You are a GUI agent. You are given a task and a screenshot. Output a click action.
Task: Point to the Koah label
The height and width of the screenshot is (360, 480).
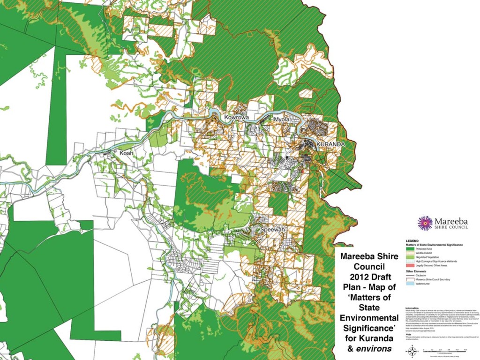point(126,153)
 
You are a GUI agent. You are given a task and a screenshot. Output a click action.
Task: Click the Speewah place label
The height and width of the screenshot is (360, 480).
point(273,230)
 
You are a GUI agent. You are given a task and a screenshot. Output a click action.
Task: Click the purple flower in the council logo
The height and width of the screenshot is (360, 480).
point(425,223)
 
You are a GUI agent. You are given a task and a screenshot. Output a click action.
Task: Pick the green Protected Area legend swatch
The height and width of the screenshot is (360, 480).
point(409,249)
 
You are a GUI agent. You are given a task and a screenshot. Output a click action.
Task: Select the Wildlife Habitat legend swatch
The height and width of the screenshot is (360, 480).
point(409,253)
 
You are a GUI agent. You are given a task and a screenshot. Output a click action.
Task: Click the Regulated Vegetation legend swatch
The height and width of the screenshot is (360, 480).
point(409,257)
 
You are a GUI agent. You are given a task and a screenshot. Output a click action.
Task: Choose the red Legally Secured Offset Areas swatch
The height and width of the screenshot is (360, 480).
point(409,265)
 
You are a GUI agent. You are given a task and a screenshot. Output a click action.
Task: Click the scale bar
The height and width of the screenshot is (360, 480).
point(445,350)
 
